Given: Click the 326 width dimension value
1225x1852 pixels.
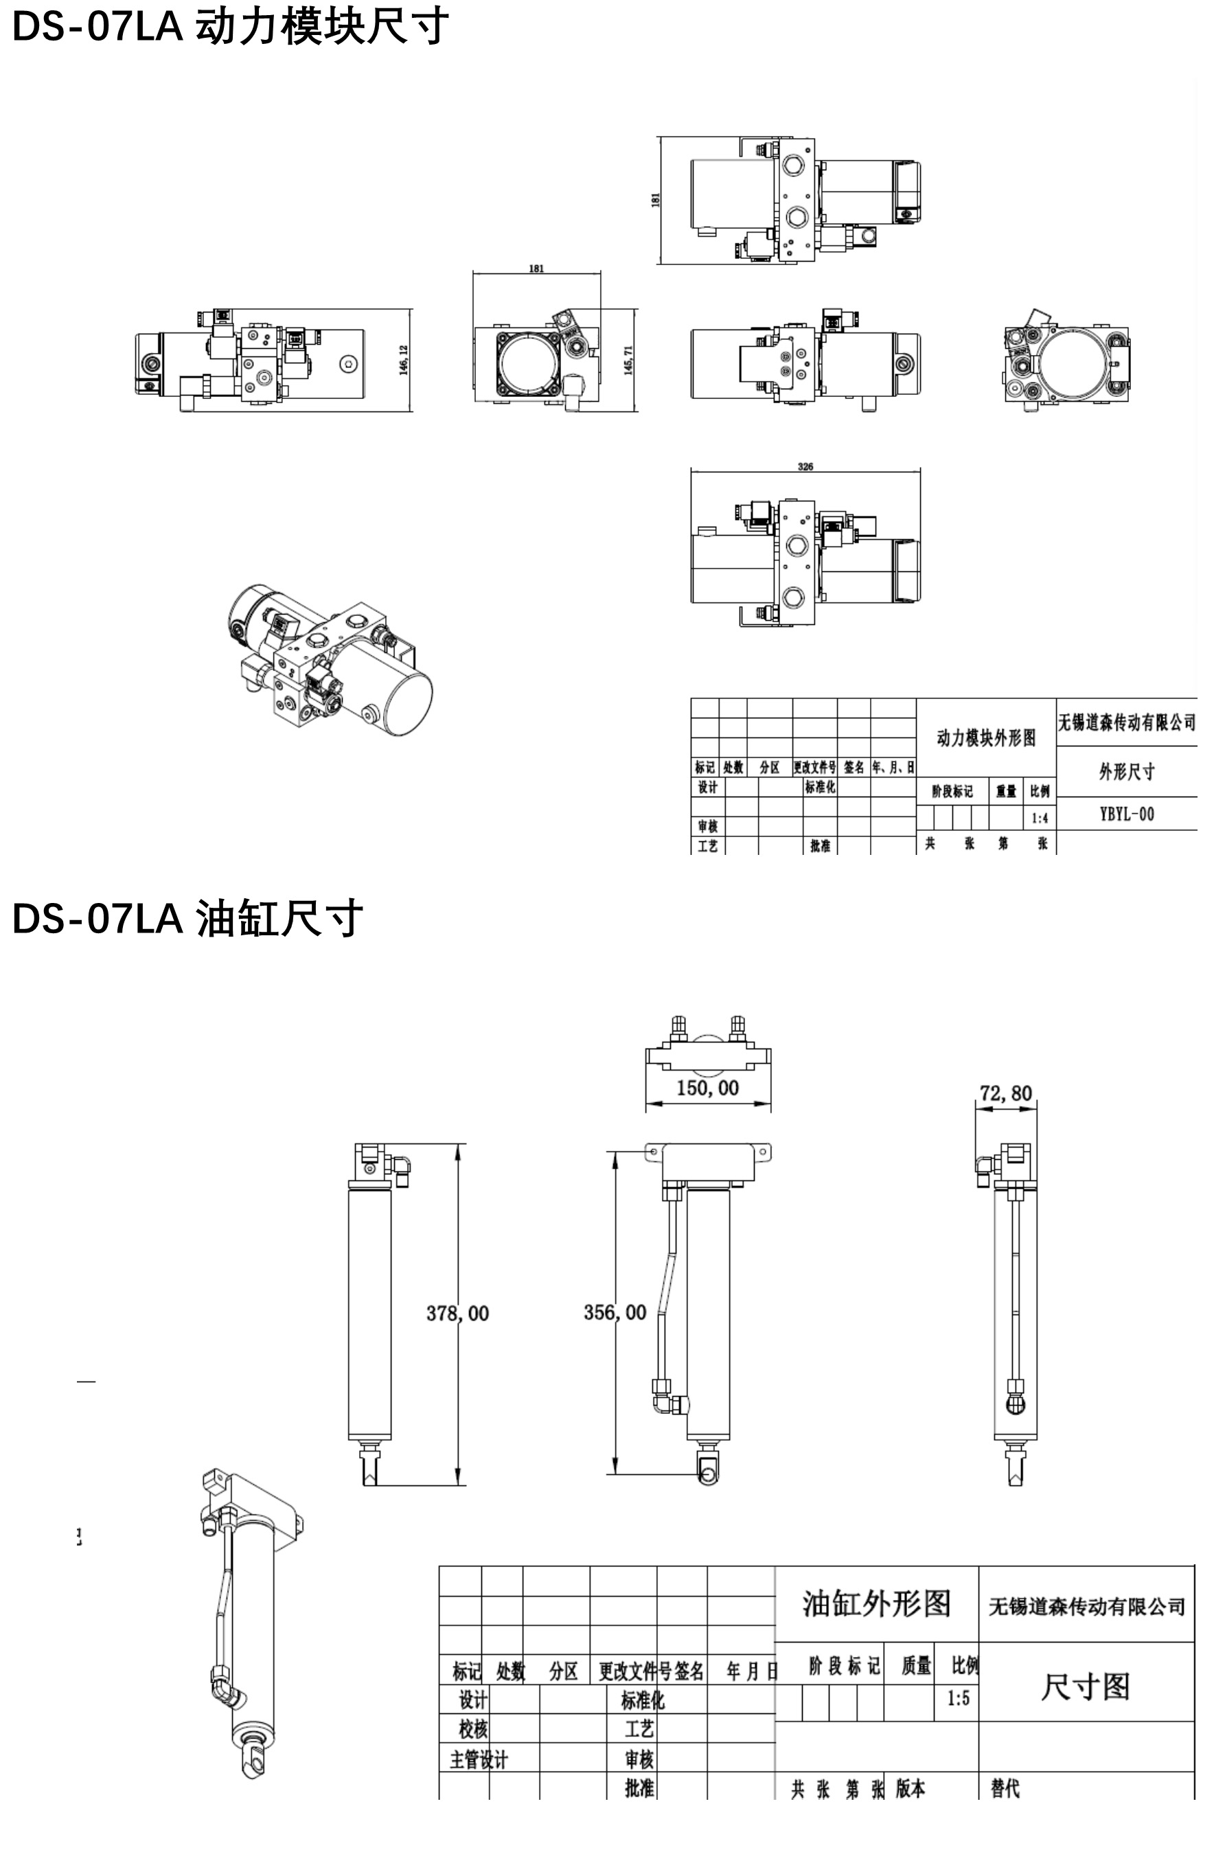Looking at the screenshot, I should point(805,466).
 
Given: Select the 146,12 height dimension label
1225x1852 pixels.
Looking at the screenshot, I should point(404,360).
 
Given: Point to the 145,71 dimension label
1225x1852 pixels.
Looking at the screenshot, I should point(629,360).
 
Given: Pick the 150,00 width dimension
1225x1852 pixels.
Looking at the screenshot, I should point(707,1088).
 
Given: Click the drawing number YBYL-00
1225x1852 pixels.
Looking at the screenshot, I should point(1126,814).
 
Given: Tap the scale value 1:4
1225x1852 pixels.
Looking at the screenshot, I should point(1039,819).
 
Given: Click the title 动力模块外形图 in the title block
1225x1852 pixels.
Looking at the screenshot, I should point(986,738).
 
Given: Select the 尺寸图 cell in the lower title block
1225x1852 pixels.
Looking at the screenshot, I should point(1085,1687).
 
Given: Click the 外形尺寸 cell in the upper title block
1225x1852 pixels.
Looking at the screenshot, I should point(1126,772).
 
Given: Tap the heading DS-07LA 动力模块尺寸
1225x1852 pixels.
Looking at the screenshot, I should point(231,27).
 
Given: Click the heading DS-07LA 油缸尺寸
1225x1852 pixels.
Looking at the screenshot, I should point(187,918).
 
